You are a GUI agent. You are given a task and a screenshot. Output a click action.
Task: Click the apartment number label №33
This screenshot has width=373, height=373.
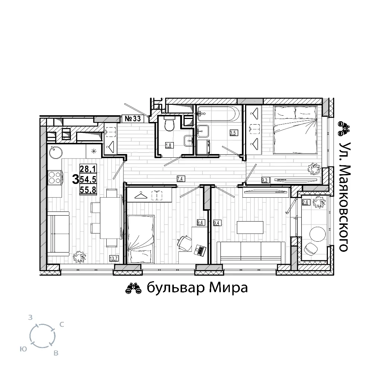[x=133, y=119]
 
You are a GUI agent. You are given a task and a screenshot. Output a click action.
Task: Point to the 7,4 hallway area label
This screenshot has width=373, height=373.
[x=181, y=179]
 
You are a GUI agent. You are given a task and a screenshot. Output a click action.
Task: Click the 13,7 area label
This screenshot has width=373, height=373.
[x=114, y=258]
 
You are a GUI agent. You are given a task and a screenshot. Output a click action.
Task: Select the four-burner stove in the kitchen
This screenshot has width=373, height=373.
[x=54, y=178]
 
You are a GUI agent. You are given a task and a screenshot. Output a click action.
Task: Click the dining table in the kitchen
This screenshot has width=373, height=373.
[x=111, y=217]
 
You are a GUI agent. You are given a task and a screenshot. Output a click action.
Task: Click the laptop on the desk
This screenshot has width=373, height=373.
[x=200, y=251]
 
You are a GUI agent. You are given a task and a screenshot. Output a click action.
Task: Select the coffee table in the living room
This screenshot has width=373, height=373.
[x=250, y=228]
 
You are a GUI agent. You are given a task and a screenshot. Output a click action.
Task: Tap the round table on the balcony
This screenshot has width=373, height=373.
[x=317, y=234]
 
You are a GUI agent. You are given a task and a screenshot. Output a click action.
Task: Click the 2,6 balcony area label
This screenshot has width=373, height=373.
[x=306, y=203]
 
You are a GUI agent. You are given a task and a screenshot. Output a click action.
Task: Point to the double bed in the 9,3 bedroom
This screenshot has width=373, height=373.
[x=295, y=130]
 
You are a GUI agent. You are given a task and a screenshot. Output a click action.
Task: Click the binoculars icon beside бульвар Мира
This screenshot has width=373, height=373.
[x=134, y=288]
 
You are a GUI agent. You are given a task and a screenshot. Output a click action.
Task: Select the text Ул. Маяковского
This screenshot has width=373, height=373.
[x=344, y=197]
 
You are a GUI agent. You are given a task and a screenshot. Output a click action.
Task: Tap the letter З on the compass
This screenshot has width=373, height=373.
[x=30, y=317]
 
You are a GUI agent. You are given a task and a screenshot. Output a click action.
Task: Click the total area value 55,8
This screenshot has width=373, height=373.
[x=88, y=189]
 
